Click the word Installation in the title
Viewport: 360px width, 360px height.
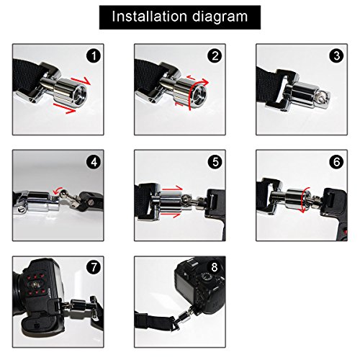coord(149,17)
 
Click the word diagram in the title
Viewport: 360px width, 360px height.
coord(220,17)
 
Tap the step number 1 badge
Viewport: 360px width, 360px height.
coord(94,55)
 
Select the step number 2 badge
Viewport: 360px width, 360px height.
coord(215,55)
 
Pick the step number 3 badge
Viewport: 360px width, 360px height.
coord(337,55)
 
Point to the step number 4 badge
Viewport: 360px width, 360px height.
coord(94,162)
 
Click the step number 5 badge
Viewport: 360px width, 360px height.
coord(215,162)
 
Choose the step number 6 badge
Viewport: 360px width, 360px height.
coord(337,162)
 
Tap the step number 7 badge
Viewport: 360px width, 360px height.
coord(94,267)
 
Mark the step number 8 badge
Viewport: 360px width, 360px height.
coord(215,267)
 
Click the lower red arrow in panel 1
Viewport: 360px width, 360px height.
coord(64,109)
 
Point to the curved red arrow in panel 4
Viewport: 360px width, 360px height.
coord(58,190)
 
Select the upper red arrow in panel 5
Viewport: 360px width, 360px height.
coord(173,189)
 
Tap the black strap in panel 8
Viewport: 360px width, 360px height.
coord(153,322)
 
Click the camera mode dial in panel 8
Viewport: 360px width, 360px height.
coord(207,276)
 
